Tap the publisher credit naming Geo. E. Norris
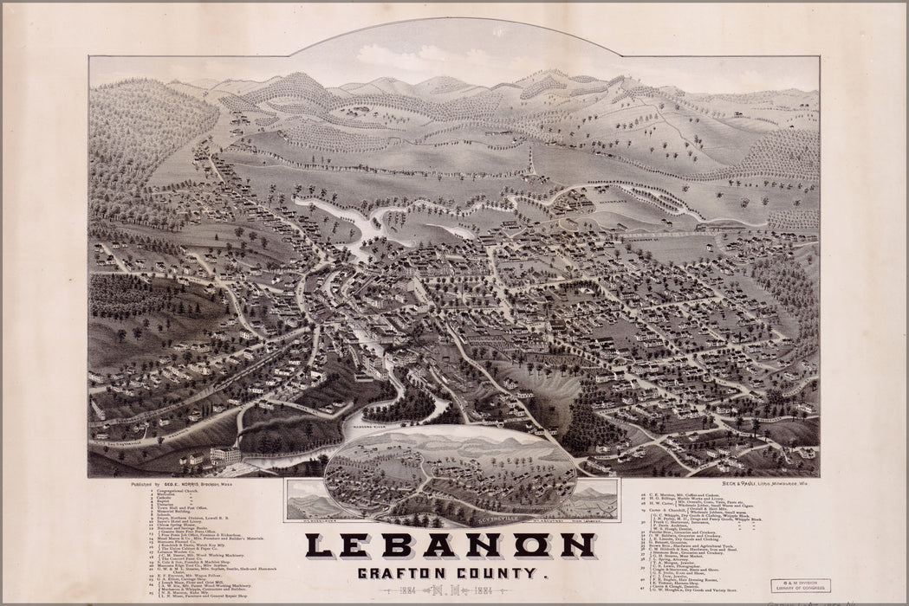coord(178,485)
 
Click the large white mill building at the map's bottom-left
coord(225,455)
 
